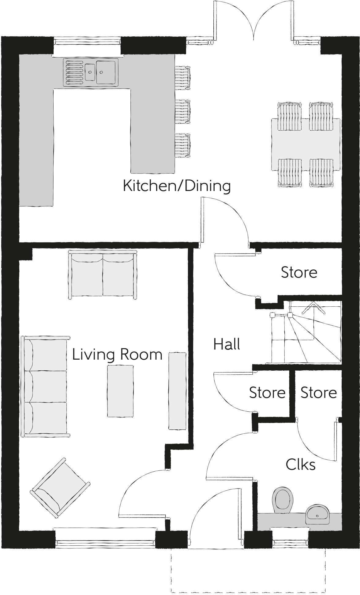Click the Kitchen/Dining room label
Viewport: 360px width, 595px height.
point(177,186)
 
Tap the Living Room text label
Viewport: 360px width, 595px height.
point(117,354)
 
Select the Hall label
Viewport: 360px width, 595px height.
point(227,344)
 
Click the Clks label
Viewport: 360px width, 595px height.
point(301,465)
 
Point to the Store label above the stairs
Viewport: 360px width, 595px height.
point(299,272)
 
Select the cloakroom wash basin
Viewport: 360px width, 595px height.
point(317,515)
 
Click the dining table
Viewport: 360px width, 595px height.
point(306,145)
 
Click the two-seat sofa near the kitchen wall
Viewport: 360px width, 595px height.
point(102,274)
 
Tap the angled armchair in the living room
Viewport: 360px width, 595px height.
point(60,488)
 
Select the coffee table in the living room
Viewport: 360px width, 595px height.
point(120,391)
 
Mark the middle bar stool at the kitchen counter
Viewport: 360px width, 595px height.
point(182,111)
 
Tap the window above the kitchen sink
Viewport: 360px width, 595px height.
point(87,41)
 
